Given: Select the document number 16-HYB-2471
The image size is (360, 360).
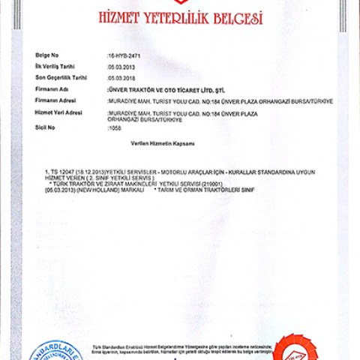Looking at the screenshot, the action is point(124,56).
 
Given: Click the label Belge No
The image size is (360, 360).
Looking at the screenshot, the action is point(46,56).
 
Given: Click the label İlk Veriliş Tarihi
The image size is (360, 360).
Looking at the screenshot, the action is point(57,67).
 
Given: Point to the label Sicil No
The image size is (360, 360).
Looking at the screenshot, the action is point(45,127).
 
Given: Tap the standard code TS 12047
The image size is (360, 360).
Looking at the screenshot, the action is point(61,172).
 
